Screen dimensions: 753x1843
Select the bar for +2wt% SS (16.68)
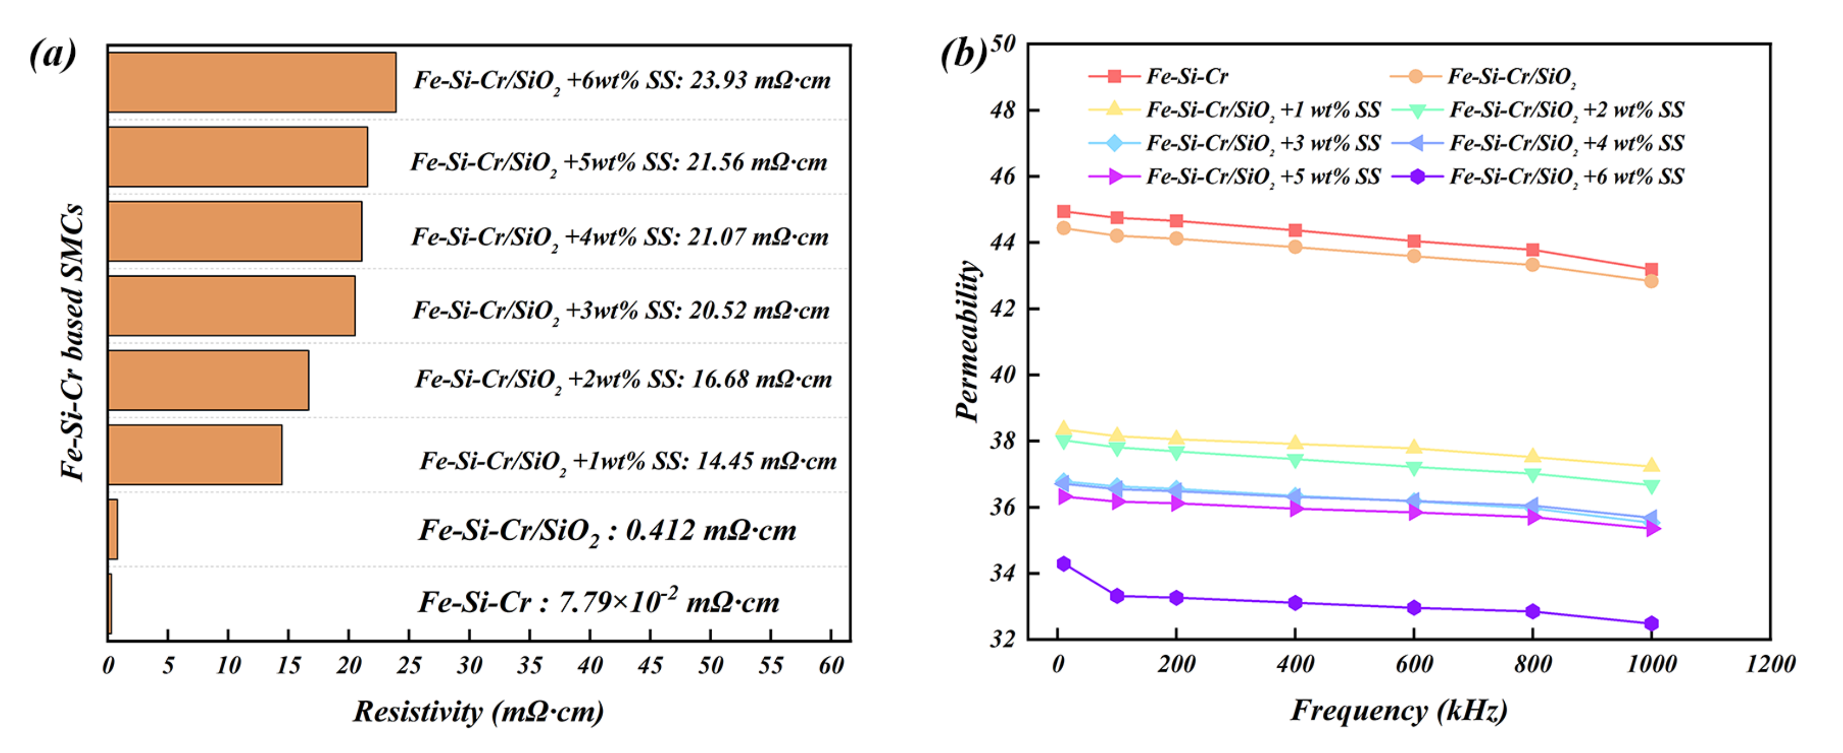(208, 380)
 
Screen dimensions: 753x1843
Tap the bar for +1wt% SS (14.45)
(194, 455)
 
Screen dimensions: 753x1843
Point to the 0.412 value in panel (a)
(659, 530)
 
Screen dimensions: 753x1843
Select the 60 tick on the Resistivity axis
(831, 666)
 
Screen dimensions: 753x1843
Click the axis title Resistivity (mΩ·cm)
(478, 712)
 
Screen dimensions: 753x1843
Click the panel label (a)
(52, 54)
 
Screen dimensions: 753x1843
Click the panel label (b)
(963, 54)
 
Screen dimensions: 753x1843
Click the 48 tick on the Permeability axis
(1002, 110)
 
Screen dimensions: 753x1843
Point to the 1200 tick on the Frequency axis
(1770, 664)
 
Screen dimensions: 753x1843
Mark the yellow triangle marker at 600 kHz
(1414, 448)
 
